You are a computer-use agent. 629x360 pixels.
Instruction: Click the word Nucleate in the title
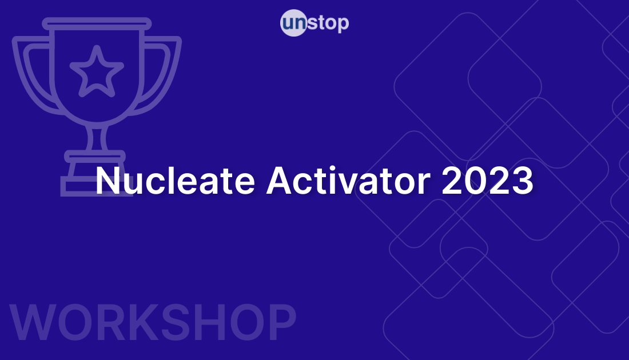click(176, 181)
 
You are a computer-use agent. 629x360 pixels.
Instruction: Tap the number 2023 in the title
click(488, 181)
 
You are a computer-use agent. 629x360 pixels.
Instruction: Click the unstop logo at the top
click(314, 23)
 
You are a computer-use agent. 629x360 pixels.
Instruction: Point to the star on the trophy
click(97, 71)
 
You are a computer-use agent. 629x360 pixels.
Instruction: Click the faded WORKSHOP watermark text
click(153, 324)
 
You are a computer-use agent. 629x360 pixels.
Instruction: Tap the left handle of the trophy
click(29, 74)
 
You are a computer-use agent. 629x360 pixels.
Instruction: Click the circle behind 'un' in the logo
click(294, 24)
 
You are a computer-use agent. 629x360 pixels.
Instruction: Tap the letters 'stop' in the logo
click(328, 23)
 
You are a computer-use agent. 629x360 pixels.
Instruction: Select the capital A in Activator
click(280, 181)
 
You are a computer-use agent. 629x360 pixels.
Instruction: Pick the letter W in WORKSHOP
click(34, 324)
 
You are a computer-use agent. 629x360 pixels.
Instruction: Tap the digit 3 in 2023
click(522, 181)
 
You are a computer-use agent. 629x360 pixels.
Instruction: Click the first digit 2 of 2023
click(453, 181)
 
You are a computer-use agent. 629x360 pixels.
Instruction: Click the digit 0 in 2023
click(476, 181)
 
